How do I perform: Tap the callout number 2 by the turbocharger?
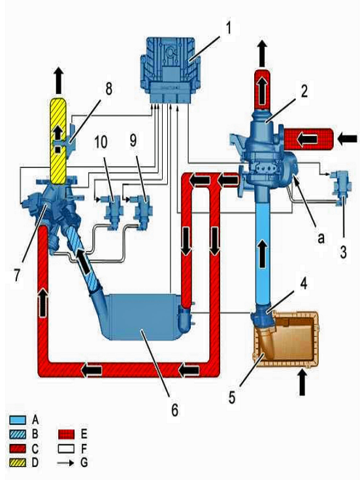click(x=303, y=91)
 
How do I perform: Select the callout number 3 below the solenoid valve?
click(x=343, y=252)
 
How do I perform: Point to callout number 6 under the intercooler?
click(x=174, y=409)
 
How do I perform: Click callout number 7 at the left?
click(x=16, y=275)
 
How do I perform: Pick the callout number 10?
click(x=101, y=142)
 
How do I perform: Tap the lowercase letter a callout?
click(x=320, y=238)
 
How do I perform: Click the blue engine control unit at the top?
click(x=170, y=71)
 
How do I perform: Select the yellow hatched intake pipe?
click(x=58, y=141)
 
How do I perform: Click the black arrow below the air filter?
click(x=302, y=383)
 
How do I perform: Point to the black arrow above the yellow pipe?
click(x=58, y=81)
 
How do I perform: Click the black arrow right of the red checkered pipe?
click(x=348, y=139)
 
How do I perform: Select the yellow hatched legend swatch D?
click(x=18, y=462)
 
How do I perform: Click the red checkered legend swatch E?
click(x=66, y=434)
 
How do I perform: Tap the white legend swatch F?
click(x=66, y=449)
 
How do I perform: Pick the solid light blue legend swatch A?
click(x=18, y=420)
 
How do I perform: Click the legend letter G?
click(x=84, y=462)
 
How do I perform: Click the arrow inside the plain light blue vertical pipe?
click(x=263, y=253)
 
